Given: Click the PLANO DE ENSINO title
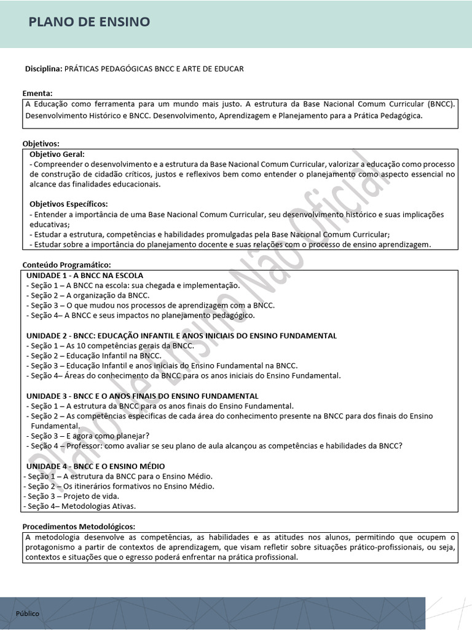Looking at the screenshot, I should (89, 23).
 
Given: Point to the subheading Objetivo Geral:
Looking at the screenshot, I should (58, 154).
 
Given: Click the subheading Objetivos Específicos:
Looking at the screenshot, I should (69, 204).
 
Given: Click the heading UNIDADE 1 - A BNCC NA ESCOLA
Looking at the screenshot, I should (85, 275).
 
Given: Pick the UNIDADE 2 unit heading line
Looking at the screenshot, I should (181, 336).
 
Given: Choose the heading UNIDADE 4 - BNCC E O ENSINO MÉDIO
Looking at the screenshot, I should (95, 466).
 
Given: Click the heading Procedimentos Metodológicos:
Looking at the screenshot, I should (79, 527).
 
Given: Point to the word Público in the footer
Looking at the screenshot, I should (28, 613).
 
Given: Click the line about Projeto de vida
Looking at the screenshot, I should (71, 496).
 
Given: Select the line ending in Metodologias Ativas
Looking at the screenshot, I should (79, 506).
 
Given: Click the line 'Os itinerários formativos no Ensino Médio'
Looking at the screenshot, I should (119, 486).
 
